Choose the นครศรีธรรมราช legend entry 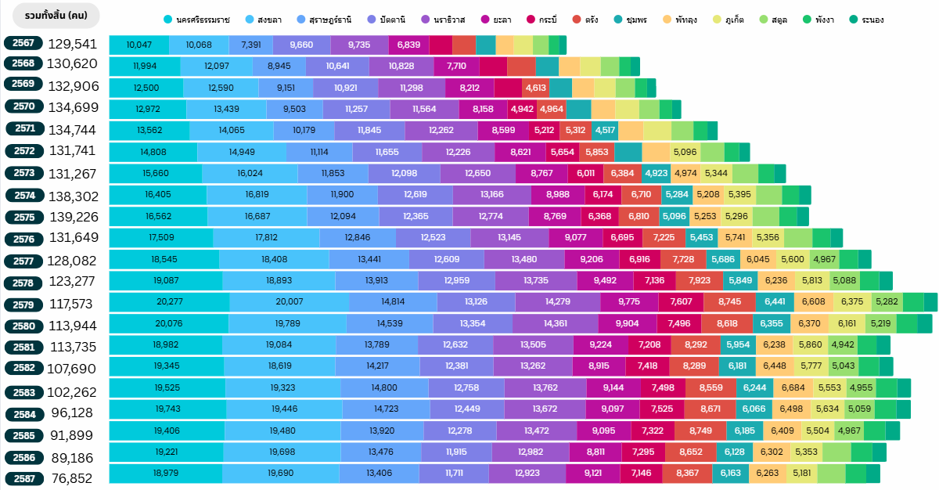pos(196,19)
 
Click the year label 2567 pos(23,43)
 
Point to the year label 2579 pos(23,304)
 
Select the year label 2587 pos(23,478)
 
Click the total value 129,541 pos(72,45)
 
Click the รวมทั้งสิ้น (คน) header pos(56,15)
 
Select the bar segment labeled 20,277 pos(169,302)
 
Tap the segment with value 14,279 pos(557,302)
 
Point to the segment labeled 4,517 pos(605,131)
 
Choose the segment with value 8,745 pos(729,302)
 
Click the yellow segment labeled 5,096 pos(685,153)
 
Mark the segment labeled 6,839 pos(408,45)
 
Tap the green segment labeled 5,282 pos(887,302)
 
